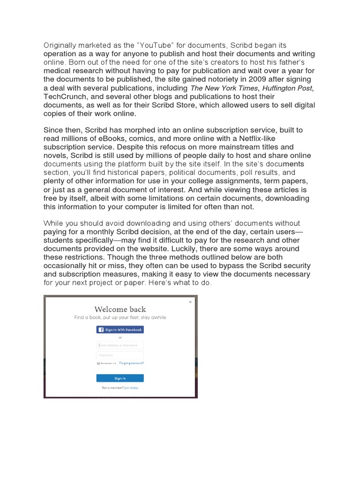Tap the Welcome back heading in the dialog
pos(120,309)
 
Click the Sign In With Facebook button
pos(120,330)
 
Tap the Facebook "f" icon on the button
pos(101,330)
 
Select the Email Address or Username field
pos(120,345)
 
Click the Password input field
pos(120,355)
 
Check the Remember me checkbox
pos(98,363)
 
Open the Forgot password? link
pos(132,363)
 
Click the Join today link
pos(131,388)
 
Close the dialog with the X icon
pos(190,302)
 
